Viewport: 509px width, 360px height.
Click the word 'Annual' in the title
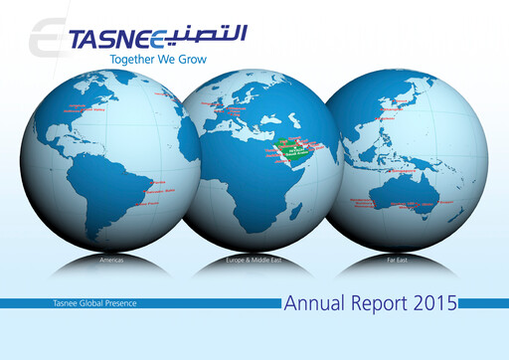[x=313, y=301]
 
